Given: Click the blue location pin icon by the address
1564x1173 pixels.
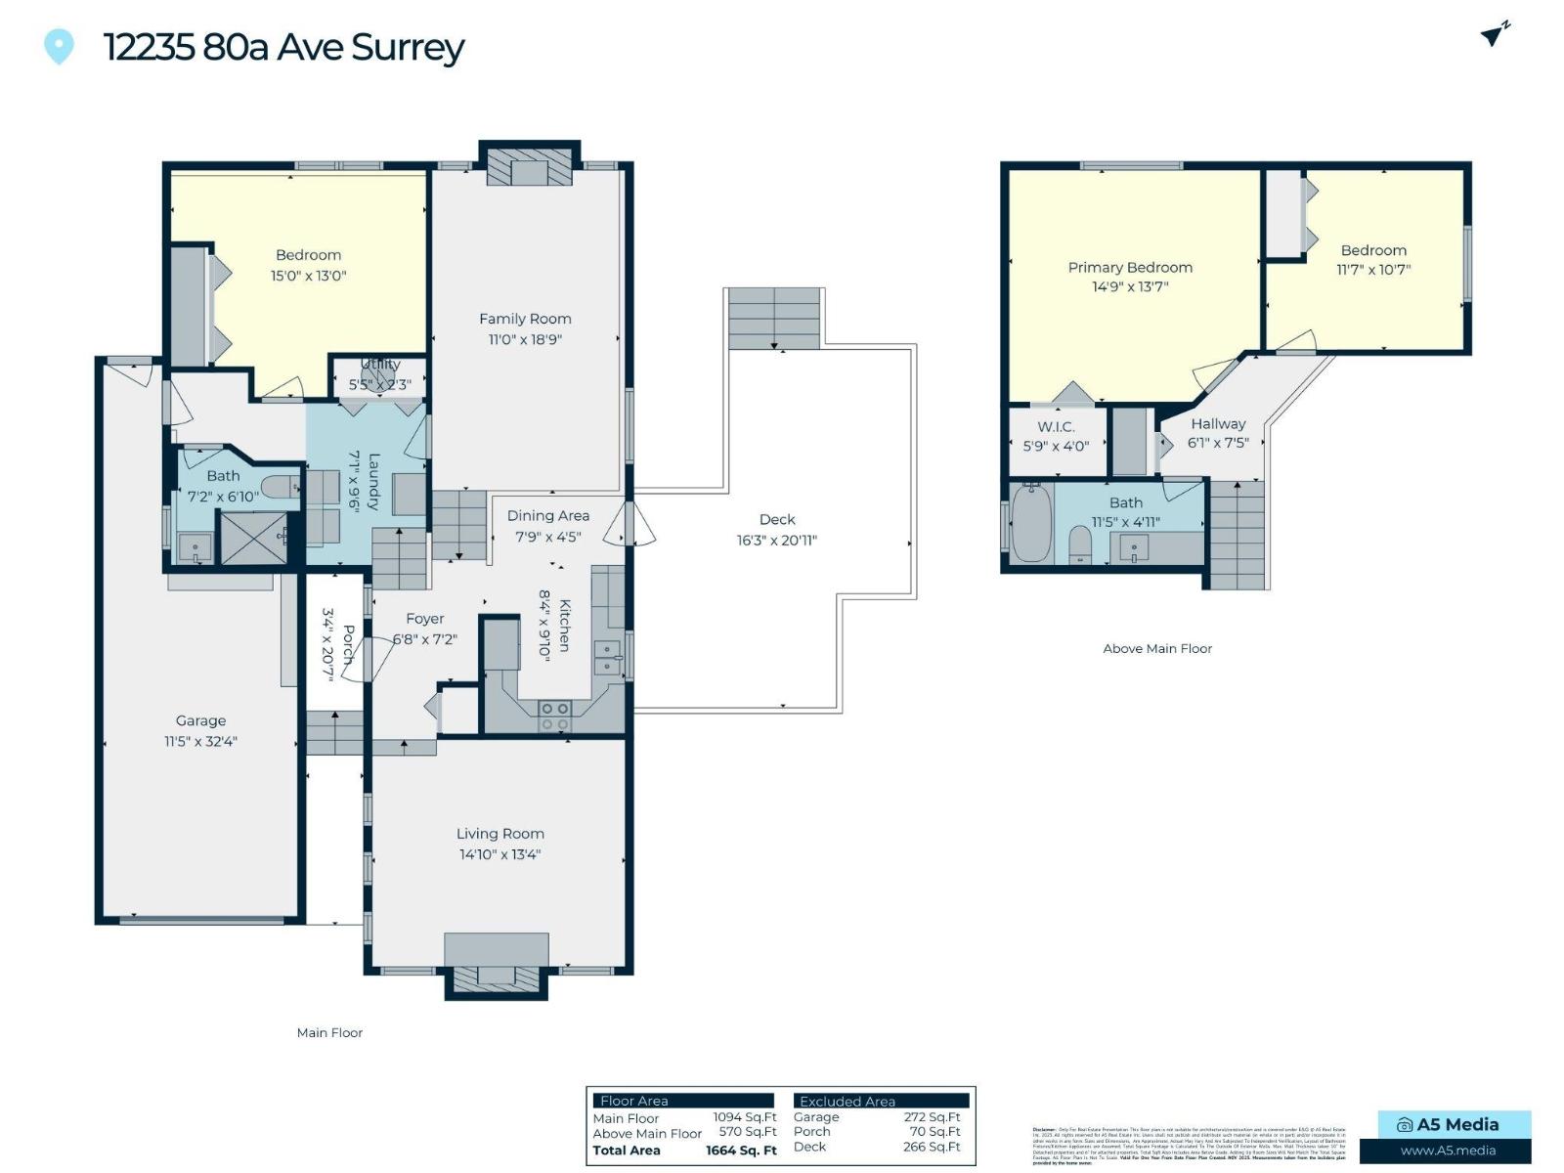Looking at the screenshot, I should click(x=59, y=45).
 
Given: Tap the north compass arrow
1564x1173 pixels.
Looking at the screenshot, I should click(x=1494, y=34).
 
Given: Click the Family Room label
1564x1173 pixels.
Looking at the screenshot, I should click(x=525, y=319).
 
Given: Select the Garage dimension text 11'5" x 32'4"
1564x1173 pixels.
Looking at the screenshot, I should click(x=200, y=741).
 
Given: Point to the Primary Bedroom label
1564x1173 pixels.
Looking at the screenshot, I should click(x=1130, y=267).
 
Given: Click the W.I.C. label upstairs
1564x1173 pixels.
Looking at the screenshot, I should click(x=1056, y=426).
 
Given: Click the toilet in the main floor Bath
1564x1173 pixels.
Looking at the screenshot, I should click(x=282, y=486).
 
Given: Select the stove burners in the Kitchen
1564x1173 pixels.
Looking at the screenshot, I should click(x=554, y=716).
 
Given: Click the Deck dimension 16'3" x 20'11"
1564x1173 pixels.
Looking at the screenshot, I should click(x=777, y=540).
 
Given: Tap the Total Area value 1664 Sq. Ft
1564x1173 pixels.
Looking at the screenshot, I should click(x=741, y=1151).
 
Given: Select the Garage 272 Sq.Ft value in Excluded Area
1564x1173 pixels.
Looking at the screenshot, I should click(x=932, y=1116).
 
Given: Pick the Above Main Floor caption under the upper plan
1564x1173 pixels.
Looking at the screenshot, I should click(x=1157, y=648).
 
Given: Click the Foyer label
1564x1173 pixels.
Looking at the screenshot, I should click(x=424, y=619).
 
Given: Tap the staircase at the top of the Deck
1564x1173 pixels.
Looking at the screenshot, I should click(x=774, y=319).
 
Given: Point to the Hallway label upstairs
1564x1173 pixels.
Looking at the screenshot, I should click(x=1218, y=423).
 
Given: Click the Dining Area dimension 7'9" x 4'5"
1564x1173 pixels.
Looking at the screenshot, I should click(x=548, y=537).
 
